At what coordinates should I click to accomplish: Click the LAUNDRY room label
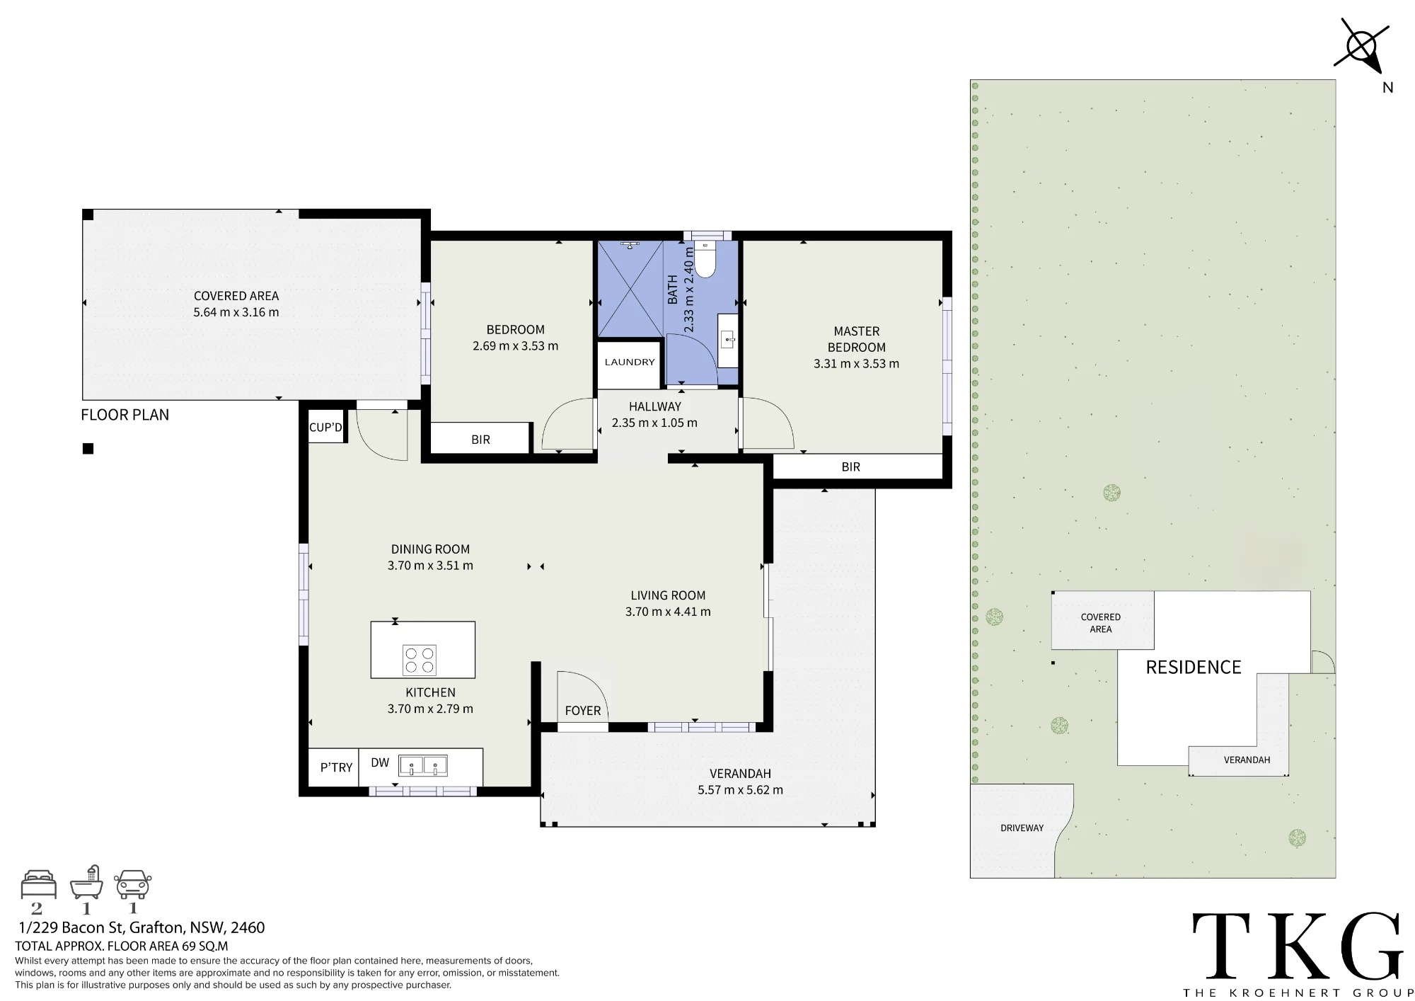630,362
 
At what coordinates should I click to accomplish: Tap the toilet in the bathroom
705,258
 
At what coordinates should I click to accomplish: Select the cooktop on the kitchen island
420,660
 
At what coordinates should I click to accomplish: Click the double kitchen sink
423,766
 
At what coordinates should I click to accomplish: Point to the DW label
380,762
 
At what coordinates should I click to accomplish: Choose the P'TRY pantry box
334,767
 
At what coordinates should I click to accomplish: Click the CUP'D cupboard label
325,428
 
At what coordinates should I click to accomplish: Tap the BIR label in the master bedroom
851,467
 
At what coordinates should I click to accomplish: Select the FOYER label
583,711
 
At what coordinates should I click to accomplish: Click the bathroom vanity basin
728,340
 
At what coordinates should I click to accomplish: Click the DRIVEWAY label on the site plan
1022,828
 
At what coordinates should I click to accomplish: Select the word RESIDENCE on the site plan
1194,668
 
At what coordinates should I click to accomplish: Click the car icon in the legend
133,884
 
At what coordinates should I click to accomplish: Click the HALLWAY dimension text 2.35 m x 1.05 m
654,423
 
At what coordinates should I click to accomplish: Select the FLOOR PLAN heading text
125,415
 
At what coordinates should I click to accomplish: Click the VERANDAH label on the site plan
1247,760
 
